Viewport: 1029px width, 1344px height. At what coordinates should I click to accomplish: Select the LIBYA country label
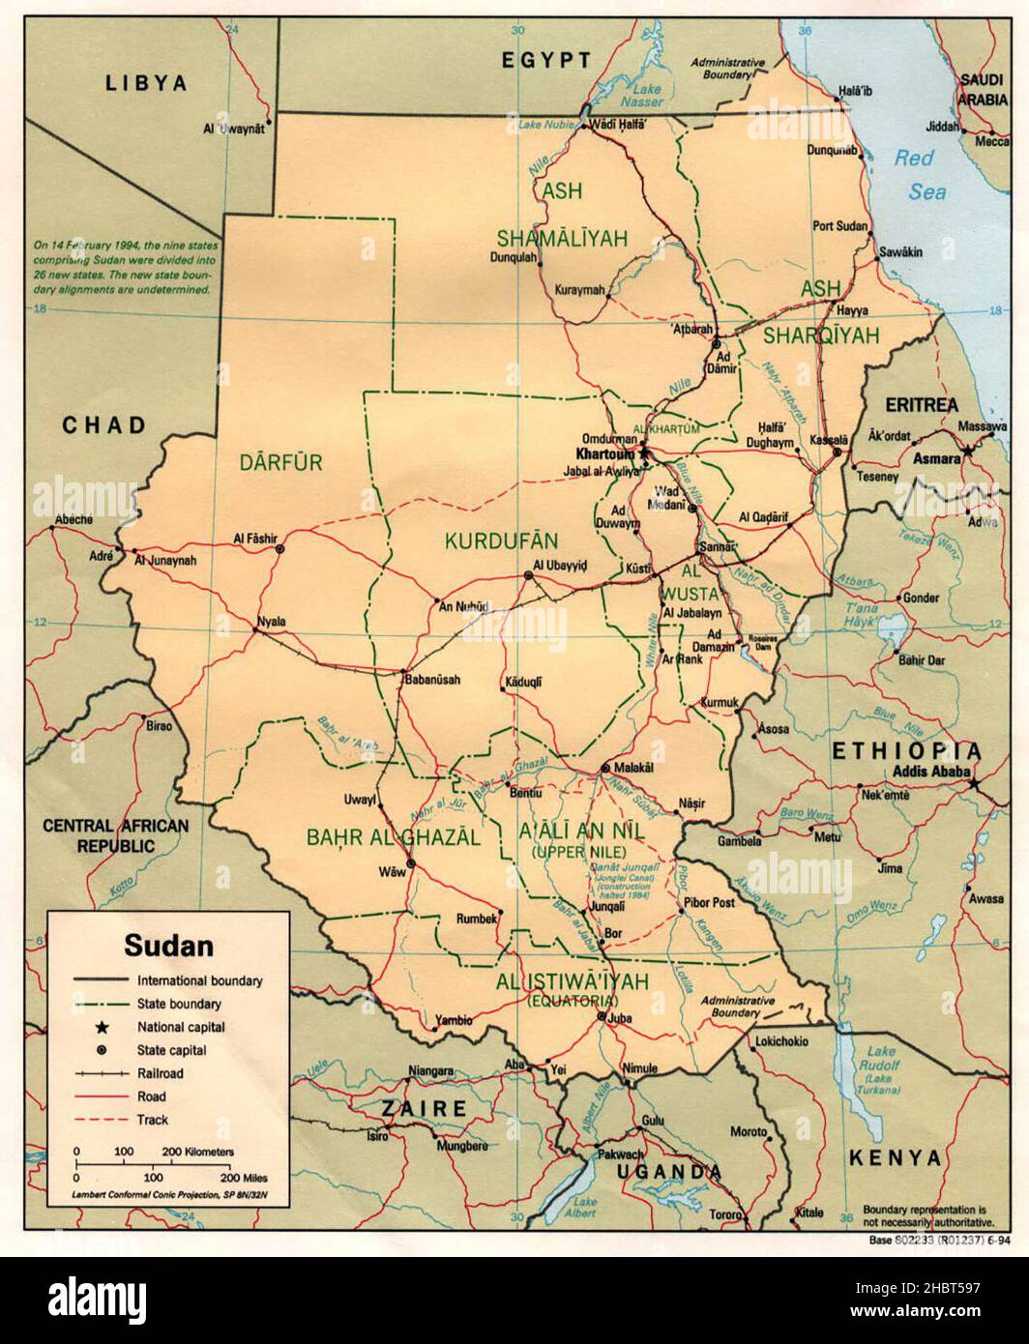point(145,83)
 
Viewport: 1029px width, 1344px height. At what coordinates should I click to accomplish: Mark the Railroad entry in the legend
point(160,1073)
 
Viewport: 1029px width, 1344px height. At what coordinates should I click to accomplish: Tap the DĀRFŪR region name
point(280,462)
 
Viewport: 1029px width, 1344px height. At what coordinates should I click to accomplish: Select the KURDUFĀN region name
point(488,540)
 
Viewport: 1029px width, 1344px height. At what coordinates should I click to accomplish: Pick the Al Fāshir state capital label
point(255,538)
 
